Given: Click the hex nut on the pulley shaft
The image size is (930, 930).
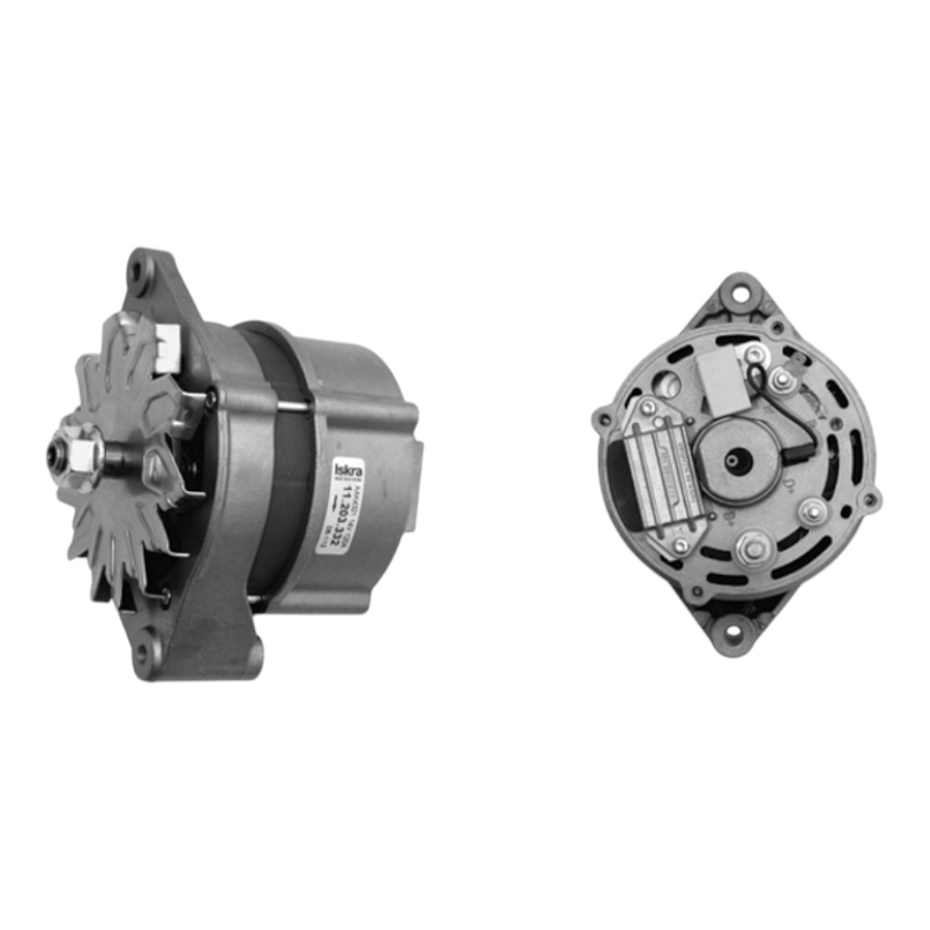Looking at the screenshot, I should (x=81, y=454).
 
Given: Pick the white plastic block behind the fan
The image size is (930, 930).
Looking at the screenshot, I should (x=168, y=347).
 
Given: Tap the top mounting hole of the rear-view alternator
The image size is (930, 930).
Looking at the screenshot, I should (x=740, y=295).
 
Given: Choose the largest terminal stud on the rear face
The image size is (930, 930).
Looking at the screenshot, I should (x=751, y=551).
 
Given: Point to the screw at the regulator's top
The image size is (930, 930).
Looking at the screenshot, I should (x=643, y=406).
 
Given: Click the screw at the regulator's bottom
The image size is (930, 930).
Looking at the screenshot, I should (x=681, y=546).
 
